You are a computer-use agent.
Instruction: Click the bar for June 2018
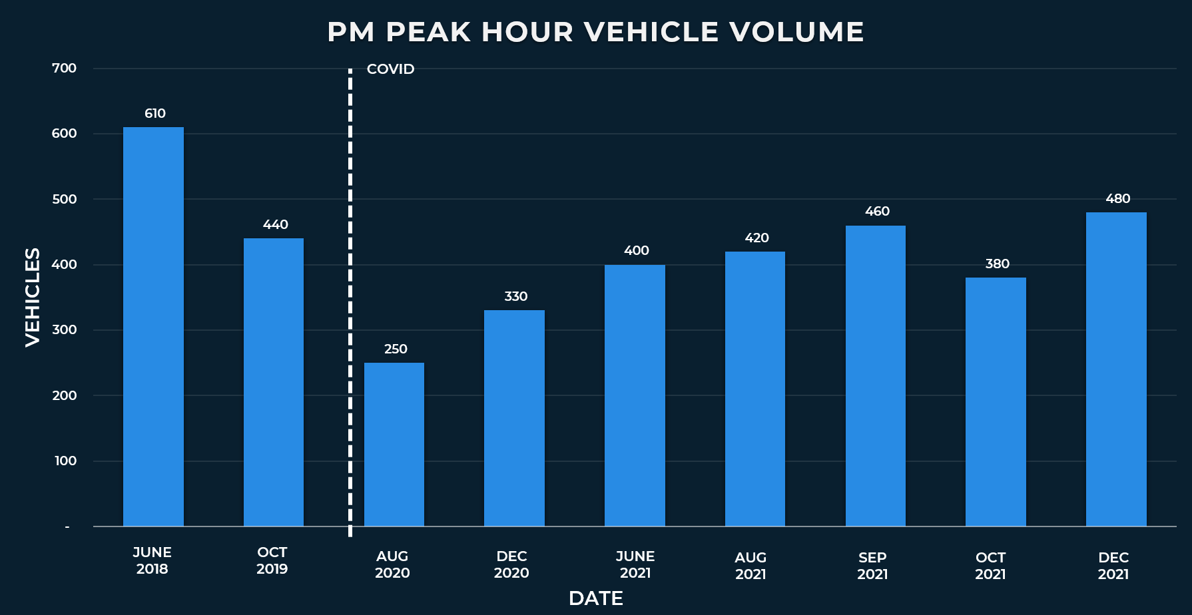click(x=153, y=326)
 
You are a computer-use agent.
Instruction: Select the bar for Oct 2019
click(x=274, y=382)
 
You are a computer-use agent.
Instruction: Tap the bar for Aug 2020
click(x=394, y=445)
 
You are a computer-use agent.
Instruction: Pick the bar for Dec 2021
click(x=1116, y=369)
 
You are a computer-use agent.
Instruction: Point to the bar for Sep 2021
click(x=876, y=376)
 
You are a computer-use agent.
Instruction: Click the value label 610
click(x=155, y=114)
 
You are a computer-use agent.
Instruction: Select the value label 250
click(x=396, y=349)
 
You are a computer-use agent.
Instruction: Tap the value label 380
click(x=997, y=264)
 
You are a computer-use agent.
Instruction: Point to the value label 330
click(x=515, y=297)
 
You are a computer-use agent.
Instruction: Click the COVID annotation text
click(x=390, y=69)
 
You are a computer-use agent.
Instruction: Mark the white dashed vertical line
click(x=350, y=300)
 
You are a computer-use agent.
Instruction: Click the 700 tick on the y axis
click(x=65, y=69)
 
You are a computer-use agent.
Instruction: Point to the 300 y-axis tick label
click(x=65, y=330)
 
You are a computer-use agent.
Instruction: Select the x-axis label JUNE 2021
click(x=635, y=564)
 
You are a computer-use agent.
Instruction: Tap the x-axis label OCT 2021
click(x=990, y=566)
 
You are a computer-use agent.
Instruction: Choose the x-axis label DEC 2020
click(x=511, y=564)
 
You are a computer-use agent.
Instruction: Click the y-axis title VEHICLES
click(x=33, y=297)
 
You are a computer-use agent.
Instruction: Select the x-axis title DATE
click(x=596, y=598)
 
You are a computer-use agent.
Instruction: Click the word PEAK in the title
click(x=428, y=32)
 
